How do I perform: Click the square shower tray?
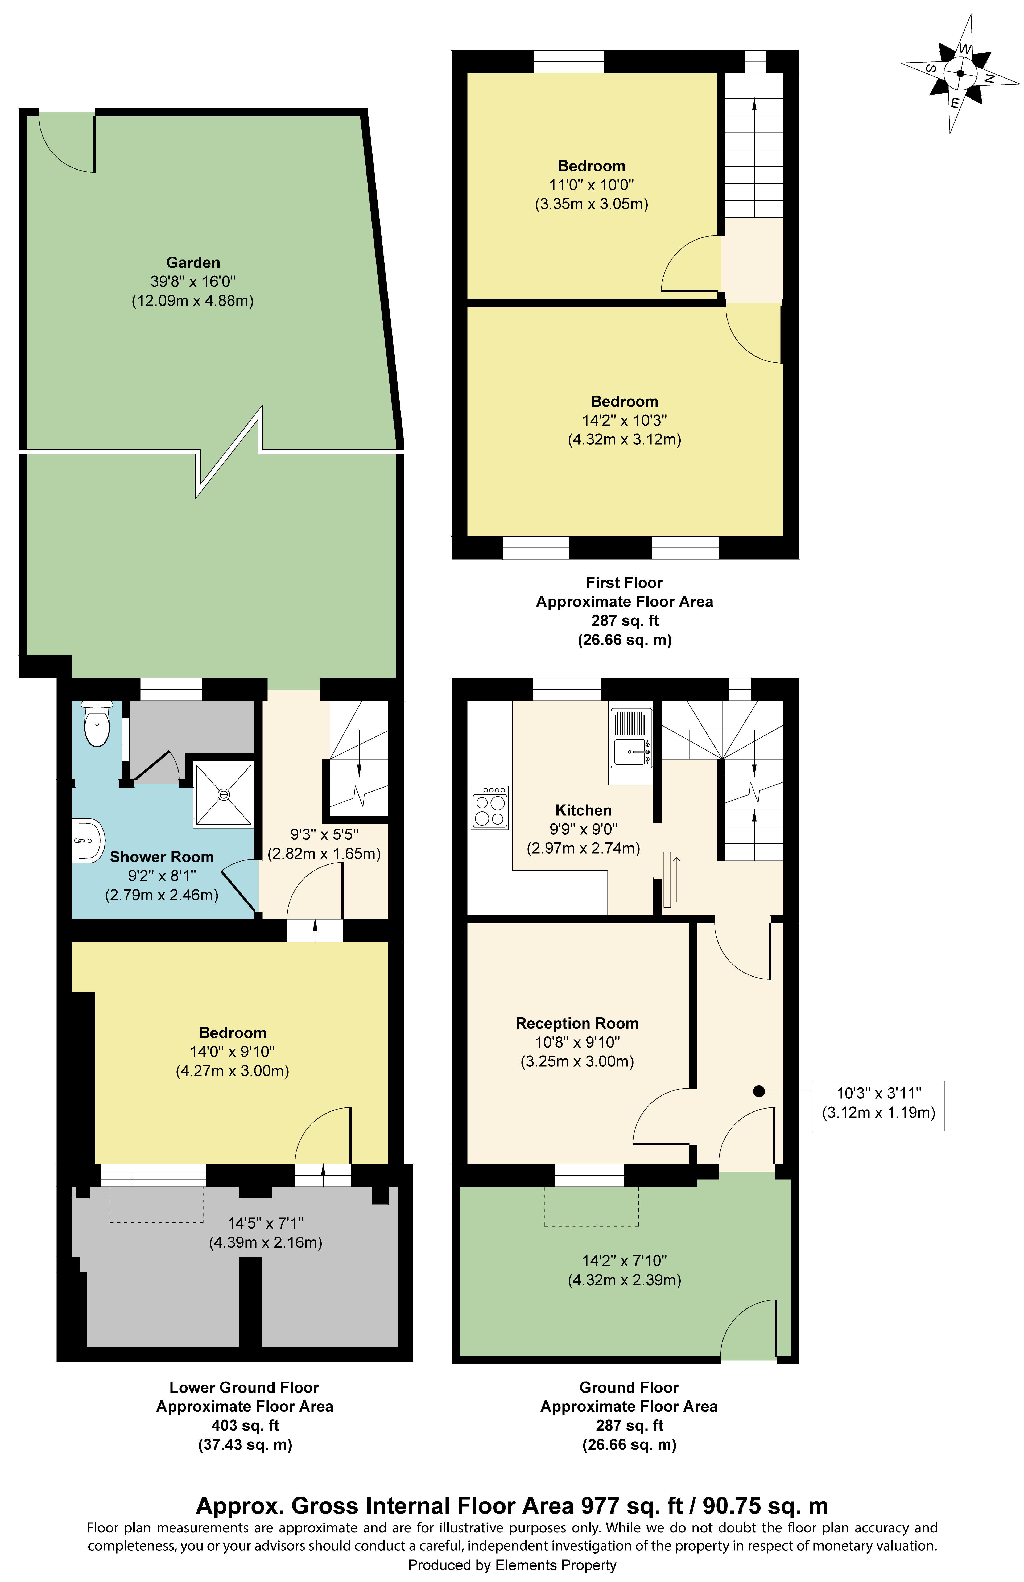[223, 794]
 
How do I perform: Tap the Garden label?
[193, 263]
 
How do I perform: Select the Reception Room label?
[576, 1023]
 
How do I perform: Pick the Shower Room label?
[162, 857]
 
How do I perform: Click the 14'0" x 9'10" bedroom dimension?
[232, 1052]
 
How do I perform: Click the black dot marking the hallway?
[758, 1091]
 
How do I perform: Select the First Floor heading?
[624, 582]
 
